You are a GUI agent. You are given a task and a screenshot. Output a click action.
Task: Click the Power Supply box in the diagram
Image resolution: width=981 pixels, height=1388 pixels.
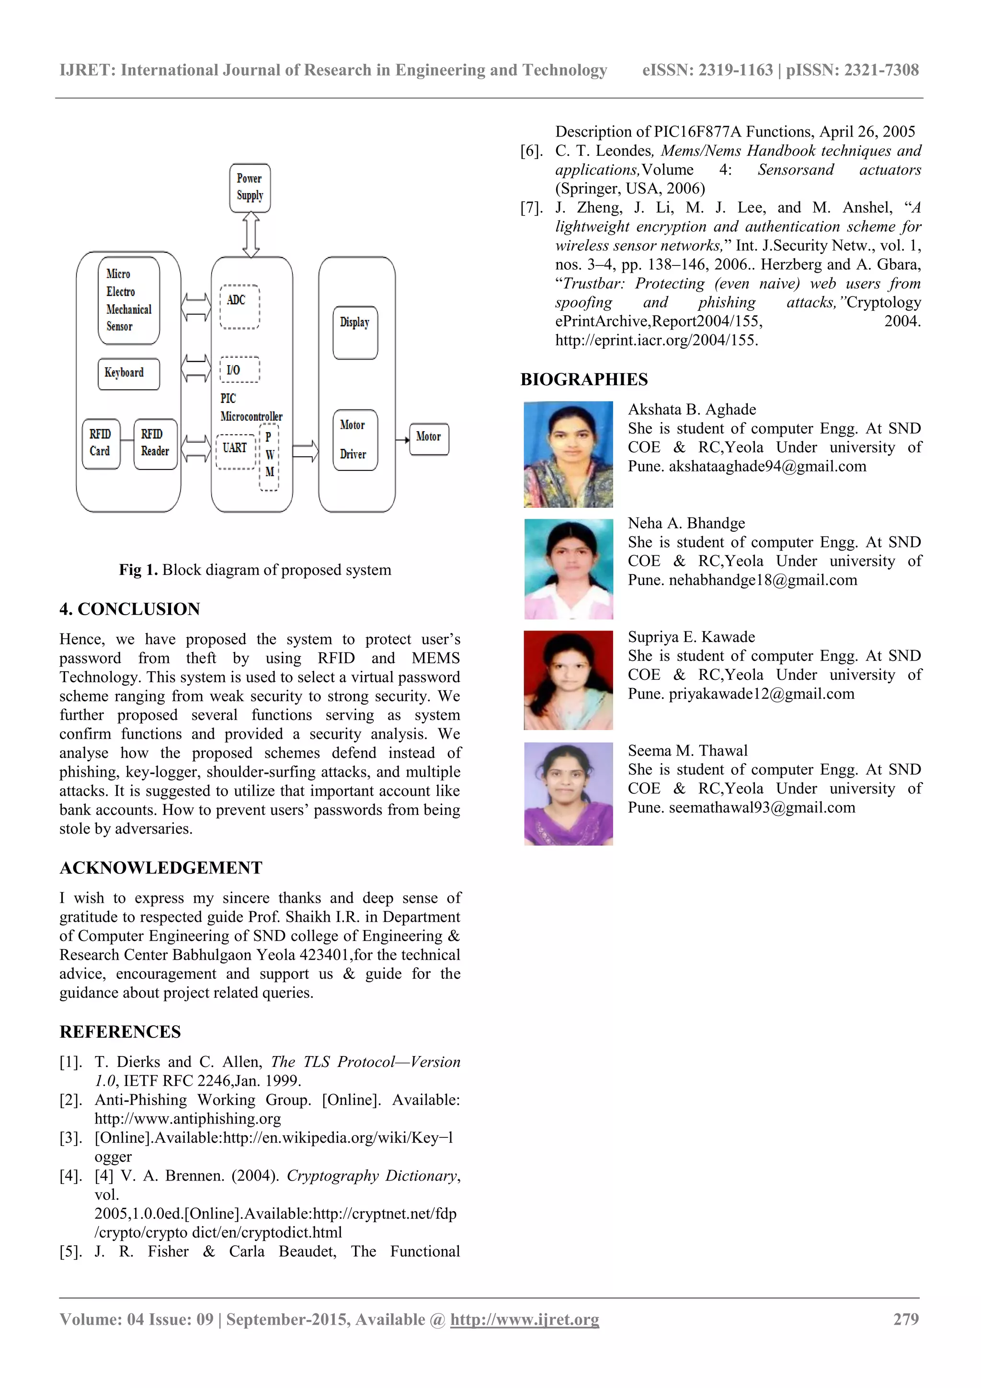point(250,187)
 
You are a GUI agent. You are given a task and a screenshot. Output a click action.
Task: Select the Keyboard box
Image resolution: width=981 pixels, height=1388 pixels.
point(128,374)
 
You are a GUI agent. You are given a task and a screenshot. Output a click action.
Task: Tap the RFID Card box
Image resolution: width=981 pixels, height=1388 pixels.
point(100,443)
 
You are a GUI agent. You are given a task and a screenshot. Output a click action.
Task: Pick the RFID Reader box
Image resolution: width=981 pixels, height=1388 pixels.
point(155,443)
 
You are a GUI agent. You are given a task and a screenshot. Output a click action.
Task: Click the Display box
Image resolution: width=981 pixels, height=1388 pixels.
point(355,332)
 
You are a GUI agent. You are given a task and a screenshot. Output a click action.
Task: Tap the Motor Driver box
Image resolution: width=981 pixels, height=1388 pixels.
point(355,439)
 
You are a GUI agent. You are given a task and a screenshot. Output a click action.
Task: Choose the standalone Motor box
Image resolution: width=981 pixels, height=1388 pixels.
point(429,438)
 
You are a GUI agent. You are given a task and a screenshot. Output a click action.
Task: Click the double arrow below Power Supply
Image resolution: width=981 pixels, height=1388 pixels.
point(251,235)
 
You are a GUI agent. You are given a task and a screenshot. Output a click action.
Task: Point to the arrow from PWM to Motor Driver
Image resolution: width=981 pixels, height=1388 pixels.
point(305,450)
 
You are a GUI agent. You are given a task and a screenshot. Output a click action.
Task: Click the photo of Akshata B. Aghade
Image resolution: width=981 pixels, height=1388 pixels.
point(568,454)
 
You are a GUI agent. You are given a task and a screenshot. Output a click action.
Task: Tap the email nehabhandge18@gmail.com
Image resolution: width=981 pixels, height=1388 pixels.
point(763,580)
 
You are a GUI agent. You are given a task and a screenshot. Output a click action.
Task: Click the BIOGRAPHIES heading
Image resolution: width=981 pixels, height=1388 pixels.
point(584,379)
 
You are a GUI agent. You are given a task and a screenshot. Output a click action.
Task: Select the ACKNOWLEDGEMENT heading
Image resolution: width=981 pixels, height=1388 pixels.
point(161,868)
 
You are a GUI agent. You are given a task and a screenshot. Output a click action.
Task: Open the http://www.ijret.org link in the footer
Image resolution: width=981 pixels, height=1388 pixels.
point(525,1319)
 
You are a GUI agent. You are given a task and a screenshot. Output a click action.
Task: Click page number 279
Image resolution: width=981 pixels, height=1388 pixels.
point(905,1319)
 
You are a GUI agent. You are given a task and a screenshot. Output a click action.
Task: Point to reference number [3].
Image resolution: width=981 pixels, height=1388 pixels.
point(71,1138)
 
